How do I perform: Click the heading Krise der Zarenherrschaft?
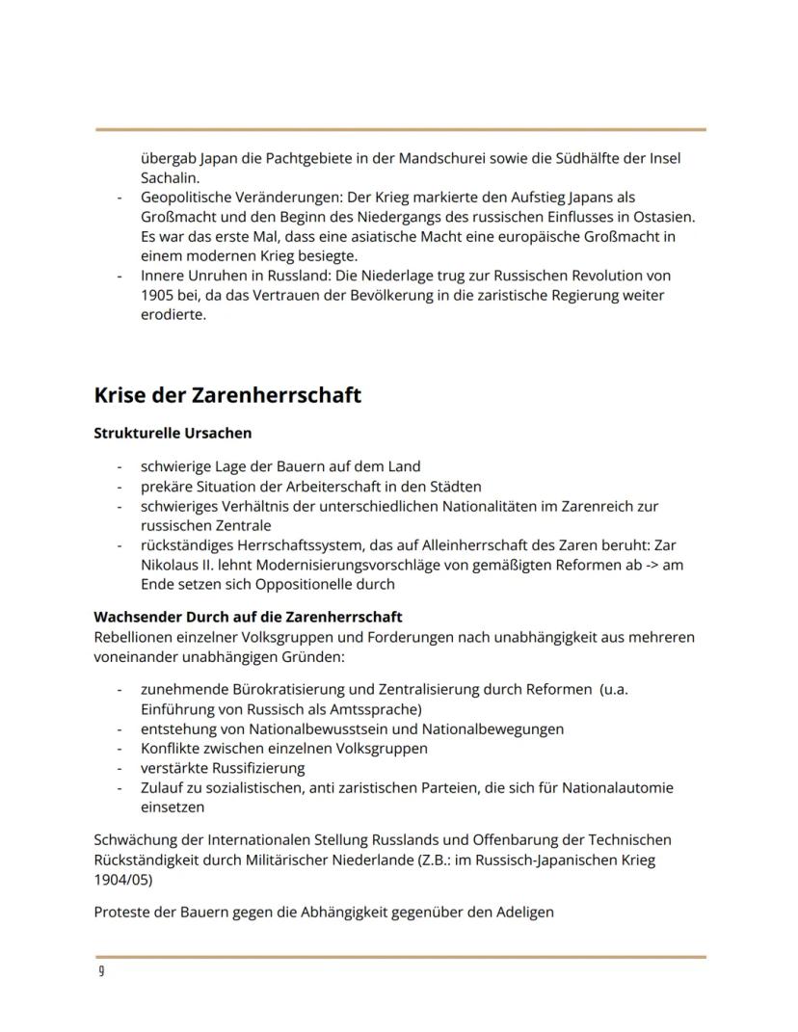[227, 395]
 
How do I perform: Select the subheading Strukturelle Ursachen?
[173, 434]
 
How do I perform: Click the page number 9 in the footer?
[101, 971]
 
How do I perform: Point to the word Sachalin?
[170, 178]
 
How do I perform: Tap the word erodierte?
[173, 315]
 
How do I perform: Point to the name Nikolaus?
[170, 565]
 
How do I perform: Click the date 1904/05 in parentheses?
[123, 880]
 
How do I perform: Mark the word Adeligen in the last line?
[525, 912]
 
